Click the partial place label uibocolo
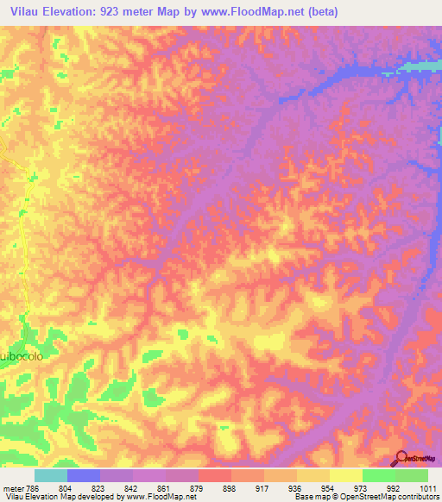(x=21, y=355)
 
